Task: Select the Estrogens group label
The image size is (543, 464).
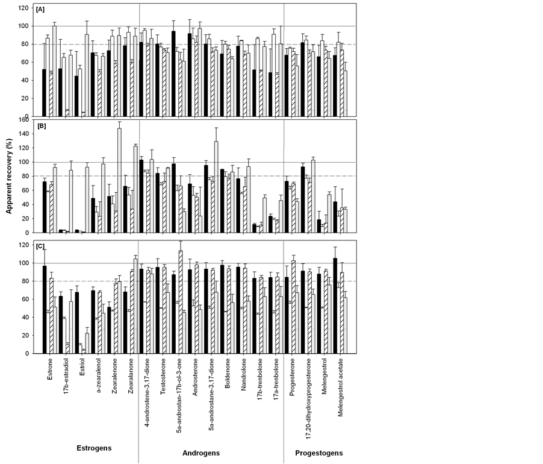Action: point(93,448)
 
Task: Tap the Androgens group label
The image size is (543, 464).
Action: point(201,453)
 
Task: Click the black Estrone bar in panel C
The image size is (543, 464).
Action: point(45,310)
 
